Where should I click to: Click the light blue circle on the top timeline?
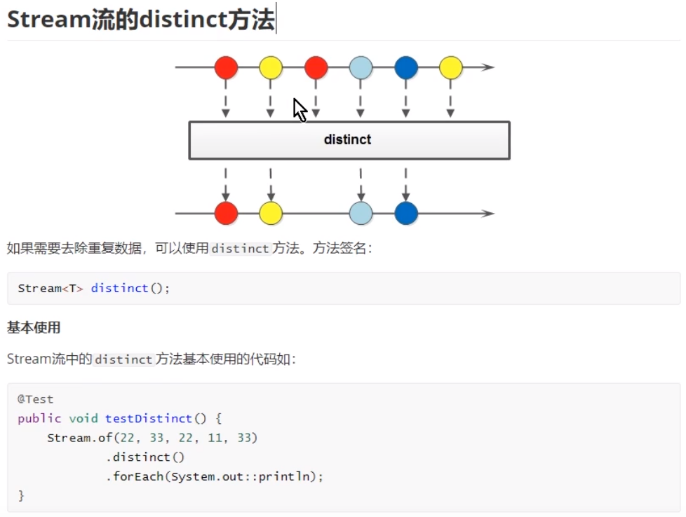tap(361, 68)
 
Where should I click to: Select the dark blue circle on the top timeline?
tap(406, 68)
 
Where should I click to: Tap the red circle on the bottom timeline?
tap(226, 213)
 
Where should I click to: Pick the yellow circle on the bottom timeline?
tap(271, 213)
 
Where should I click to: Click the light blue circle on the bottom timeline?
tap(361, 213)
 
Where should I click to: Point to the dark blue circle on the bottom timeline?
tap(406, 213)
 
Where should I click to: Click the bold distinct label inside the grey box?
tap(348, 139)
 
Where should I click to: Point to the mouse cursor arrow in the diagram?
tap(300, 110)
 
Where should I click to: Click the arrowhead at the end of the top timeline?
tap(488, 68)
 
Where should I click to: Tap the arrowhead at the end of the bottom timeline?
tap(488, 213)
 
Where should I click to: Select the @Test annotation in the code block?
tap(36, 399)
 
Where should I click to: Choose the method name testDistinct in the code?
tap(148, 418)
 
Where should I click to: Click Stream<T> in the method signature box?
tap(51, 288)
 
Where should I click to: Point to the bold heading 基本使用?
tap(34, 327)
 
